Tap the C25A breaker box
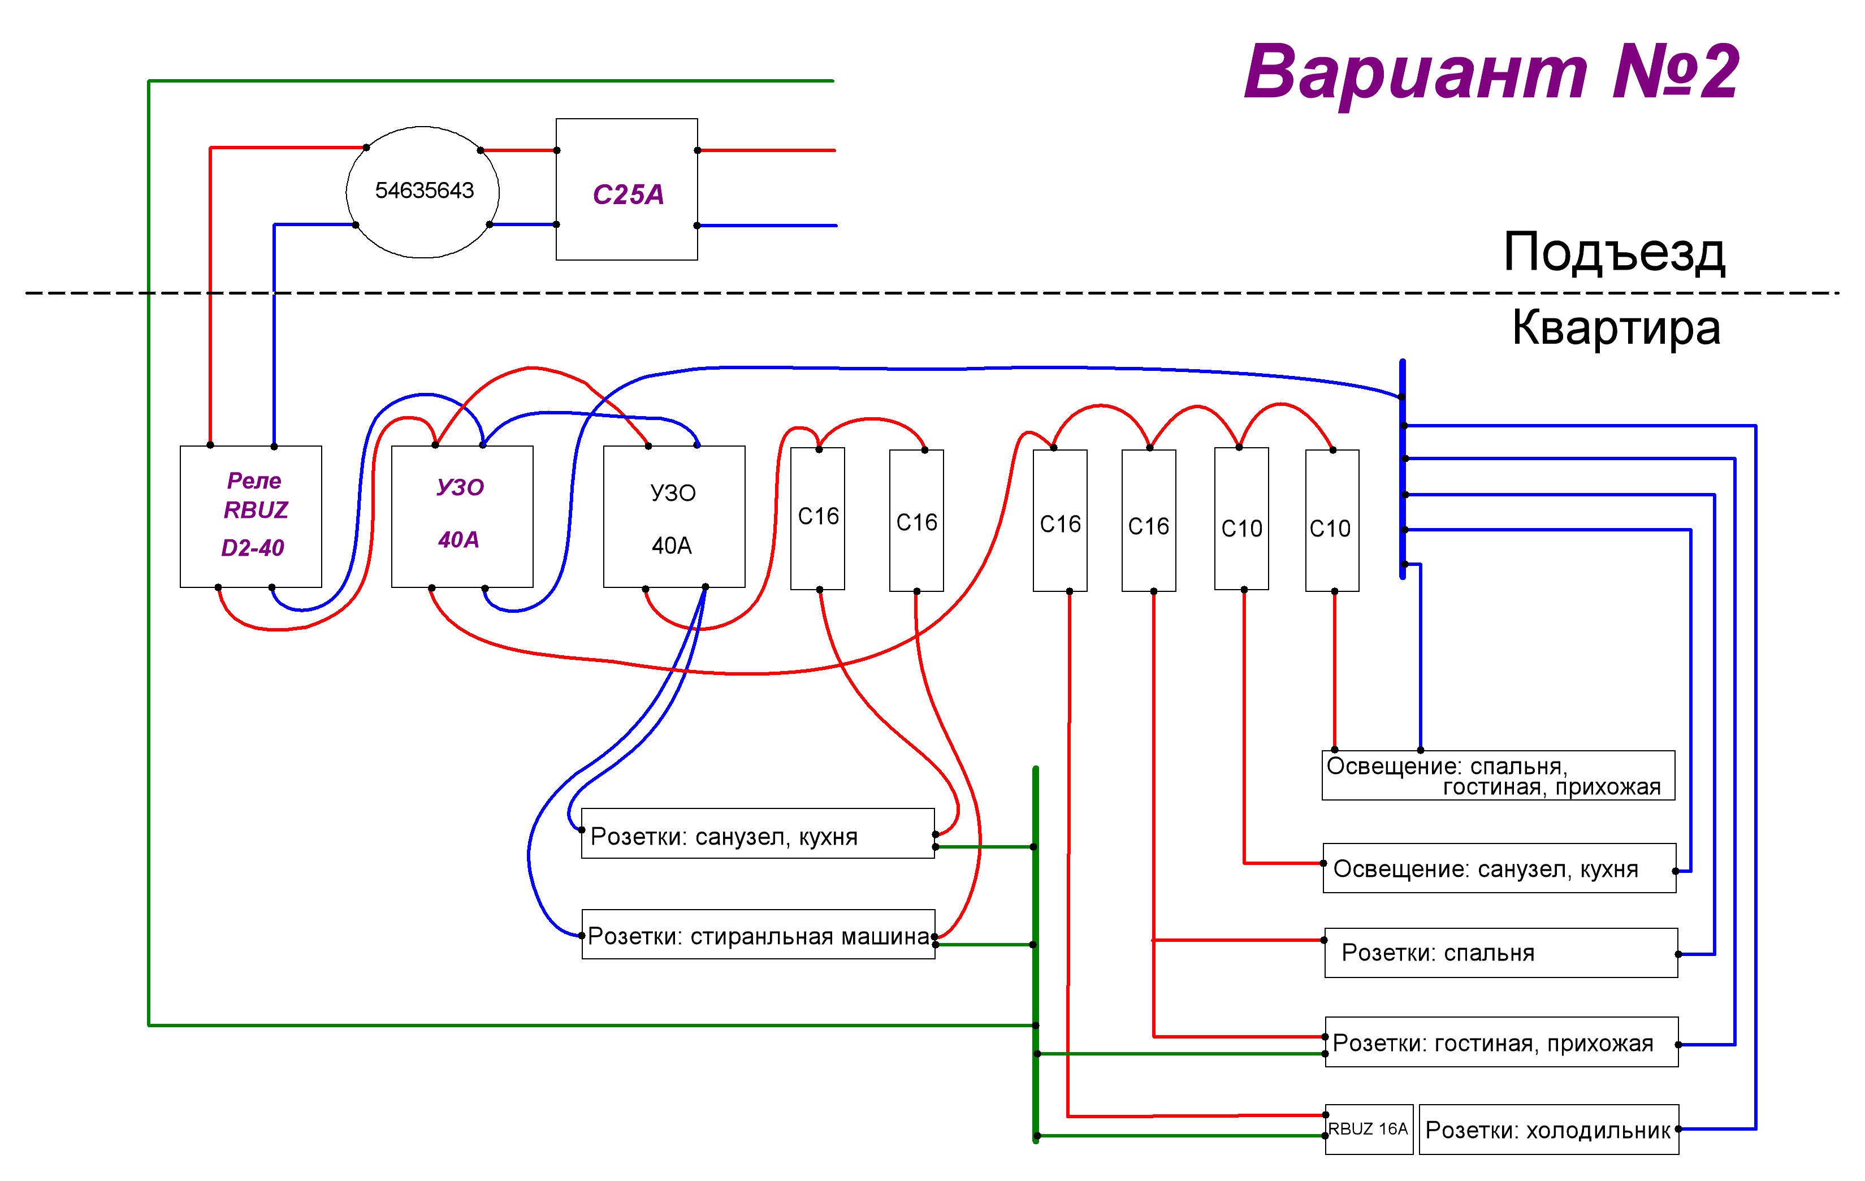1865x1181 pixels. pos(626,189)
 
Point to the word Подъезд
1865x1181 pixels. pos(1614,253)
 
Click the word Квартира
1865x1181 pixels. pos(1616,327)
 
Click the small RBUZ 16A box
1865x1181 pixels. pos(1369,1128)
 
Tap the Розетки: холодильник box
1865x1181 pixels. pos(1548,1129)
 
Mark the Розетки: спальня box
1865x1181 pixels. pos(1501,953)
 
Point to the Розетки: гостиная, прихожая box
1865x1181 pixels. pos(1501,1041)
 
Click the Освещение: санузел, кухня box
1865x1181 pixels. pos(1499,868)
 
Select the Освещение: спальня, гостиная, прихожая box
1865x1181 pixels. pos(1498,775)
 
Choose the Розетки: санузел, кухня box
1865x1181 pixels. pos(758,833)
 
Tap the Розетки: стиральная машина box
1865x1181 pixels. pos(758,934)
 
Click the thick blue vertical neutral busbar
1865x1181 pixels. pos(1402,469)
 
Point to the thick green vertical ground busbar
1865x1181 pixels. pos(1036,954)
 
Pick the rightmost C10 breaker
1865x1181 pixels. pos(1332,521)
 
